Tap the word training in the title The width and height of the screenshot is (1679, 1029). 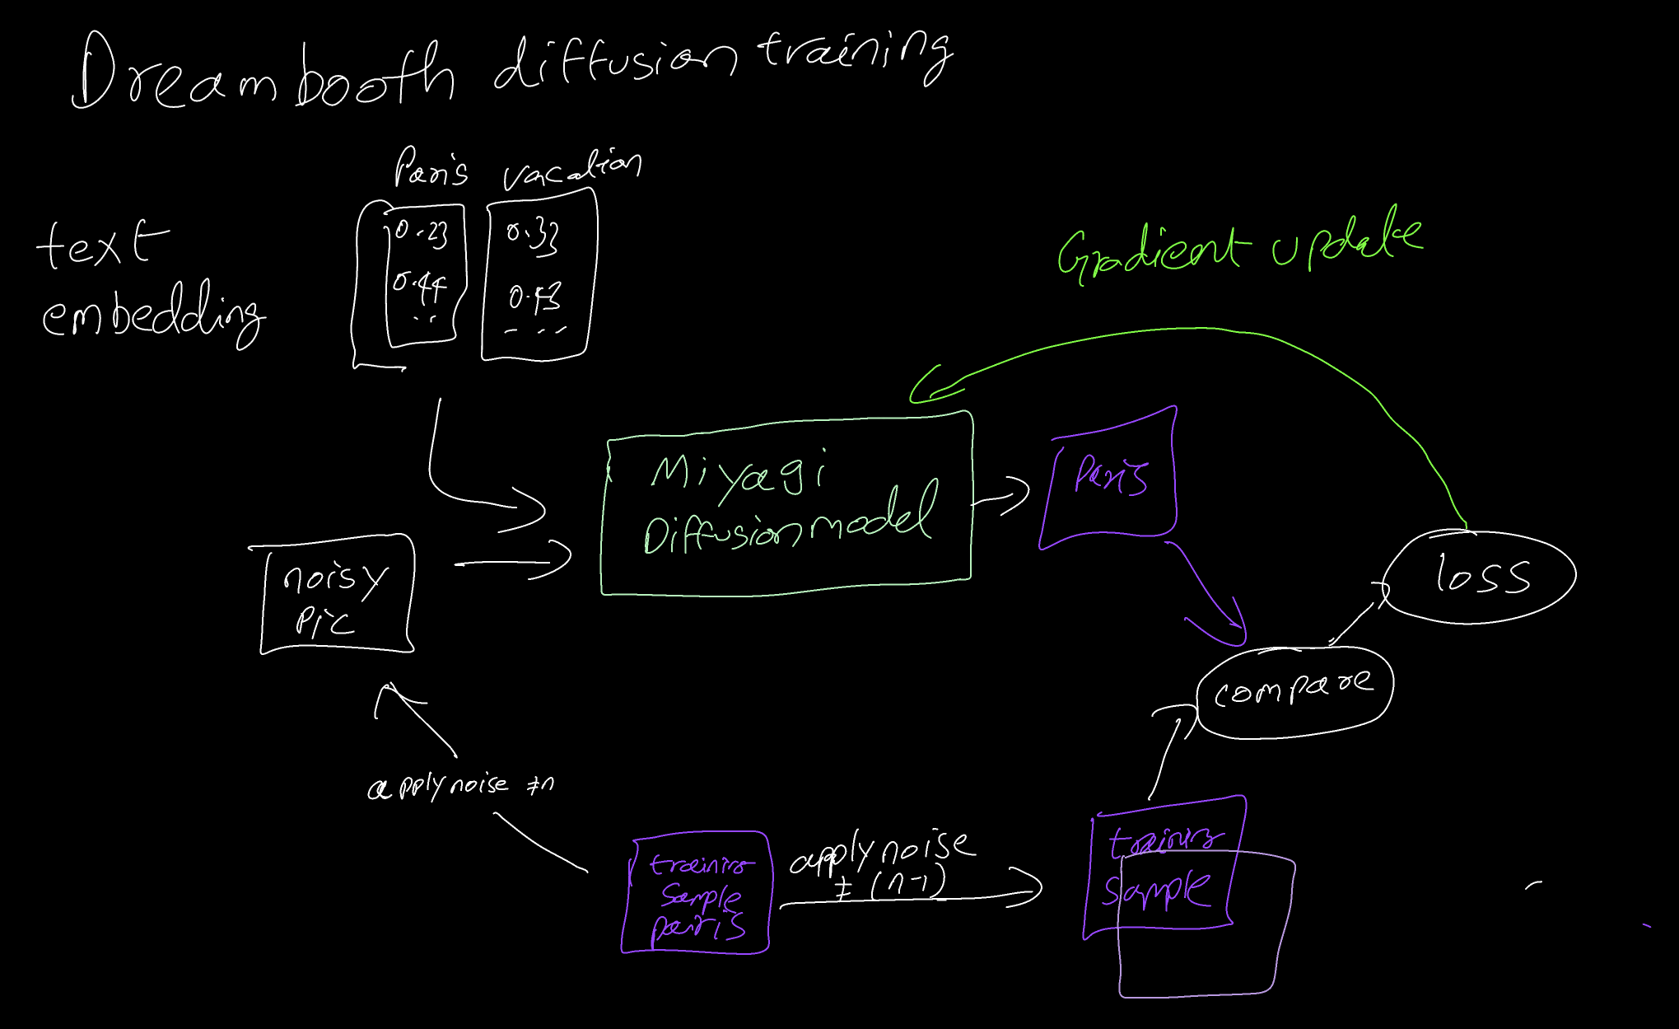[856, 54]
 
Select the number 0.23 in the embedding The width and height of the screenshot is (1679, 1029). [422, 233]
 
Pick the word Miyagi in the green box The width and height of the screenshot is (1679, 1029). [737, 475]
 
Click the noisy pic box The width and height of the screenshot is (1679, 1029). [336, 596]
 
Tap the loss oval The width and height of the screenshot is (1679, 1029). [1481, 576]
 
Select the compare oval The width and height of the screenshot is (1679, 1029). [1294, 690]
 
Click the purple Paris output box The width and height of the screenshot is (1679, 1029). [1110, 478]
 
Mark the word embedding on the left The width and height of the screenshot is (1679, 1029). [152, 317]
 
